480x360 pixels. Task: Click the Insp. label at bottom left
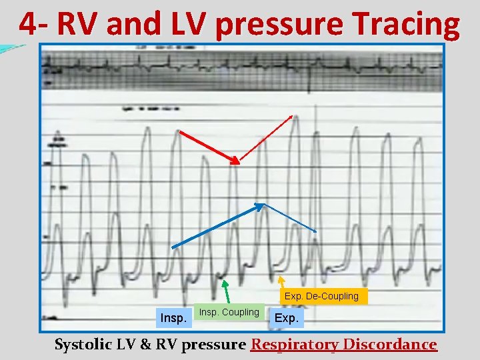pyautogui.click(x=173, y=318)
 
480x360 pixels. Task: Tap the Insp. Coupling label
pyautogui.click(x=229, y=312)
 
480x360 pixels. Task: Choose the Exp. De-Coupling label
pyautogui.click(x=321, y=296)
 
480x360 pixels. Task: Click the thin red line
pyautogui.click(x=265, y=139)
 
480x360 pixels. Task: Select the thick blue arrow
pyautogui.click(x=217, y=226)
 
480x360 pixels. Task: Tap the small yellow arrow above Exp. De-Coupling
pyautogui.click(x=281, y=282)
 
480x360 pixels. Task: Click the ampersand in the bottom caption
pyautogui.click(x=149, y=344)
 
